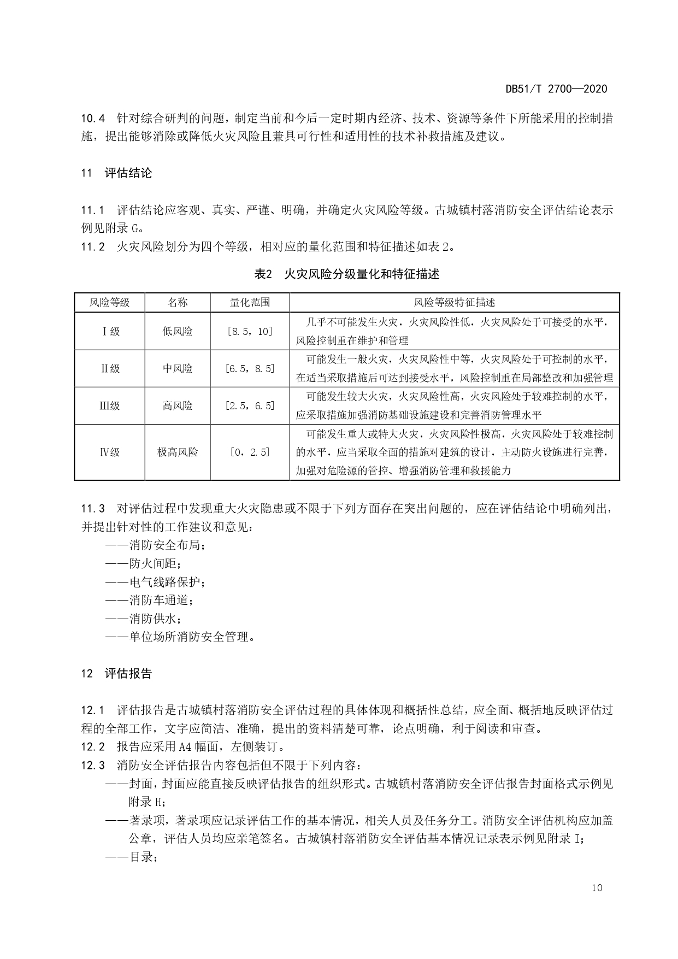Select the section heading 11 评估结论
[116, 173]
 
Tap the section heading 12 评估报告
[116, 673]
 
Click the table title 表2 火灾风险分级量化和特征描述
[347, 274]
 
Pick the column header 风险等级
[109, 302]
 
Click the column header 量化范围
[250, 302]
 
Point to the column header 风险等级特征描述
[455, 302]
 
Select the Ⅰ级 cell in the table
[110, 331]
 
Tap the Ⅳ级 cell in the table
[110, 452]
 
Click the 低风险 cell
[178, 331]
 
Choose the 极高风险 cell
[178, 452]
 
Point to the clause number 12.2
[93, 746]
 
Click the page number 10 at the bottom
[597, 887]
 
